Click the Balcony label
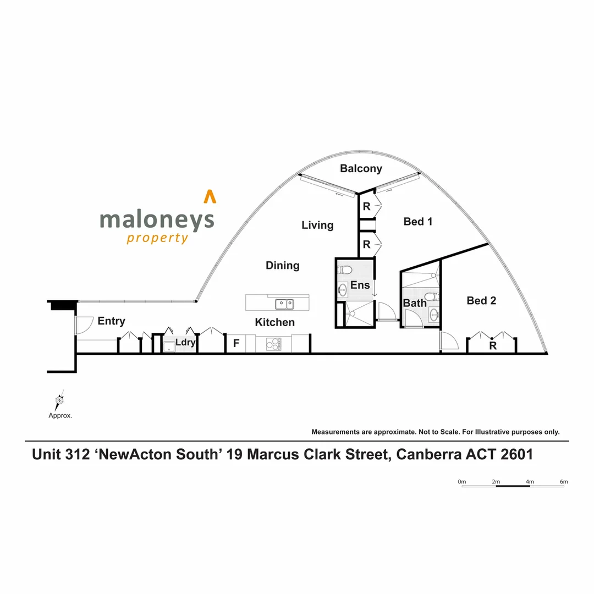point(361,168)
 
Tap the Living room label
point(317,225)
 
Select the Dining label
point(283,266)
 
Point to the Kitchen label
point(274,322)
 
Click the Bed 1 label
point(417,222)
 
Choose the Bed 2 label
point(481,301)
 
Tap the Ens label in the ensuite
point(360,286)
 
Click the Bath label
point(414,303)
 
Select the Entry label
point(111,321)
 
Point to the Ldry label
point(185,343)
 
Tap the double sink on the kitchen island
point(284,304)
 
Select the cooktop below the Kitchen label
point(273,344)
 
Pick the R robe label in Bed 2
point(493,346)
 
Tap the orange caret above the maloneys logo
point(209,196)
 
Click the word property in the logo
point(157,238)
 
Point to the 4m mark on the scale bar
point(530,482)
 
